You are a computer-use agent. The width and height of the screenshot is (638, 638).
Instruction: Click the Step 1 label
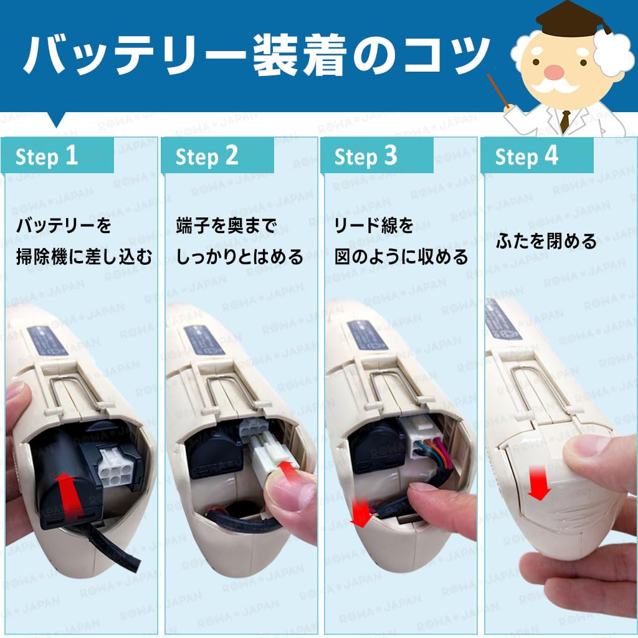tap(47, 156)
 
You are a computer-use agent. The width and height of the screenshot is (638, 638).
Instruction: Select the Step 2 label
tap(207, 156)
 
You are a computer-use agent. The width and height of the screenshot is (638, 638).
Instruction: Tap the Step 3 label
tap(366, 156)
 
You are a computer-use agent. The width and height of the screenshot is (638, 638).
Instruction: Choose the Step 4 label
tap(526, 156)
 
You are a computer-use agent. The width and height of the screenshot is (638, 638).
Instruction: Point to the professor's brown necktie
tap(565, 120)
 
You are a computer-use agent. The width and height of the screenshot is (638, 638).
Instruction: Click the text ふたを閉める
tap(546, 242)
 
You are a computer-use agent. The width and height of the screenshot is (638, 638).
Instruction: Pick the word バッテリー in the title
tap(134, 55)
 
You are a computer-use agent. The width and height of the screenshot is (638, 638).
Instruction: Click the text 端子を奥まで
tap(226, 226)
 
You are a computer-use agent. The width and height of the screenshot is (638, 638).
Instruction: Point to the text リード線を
tap(373, 226)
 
